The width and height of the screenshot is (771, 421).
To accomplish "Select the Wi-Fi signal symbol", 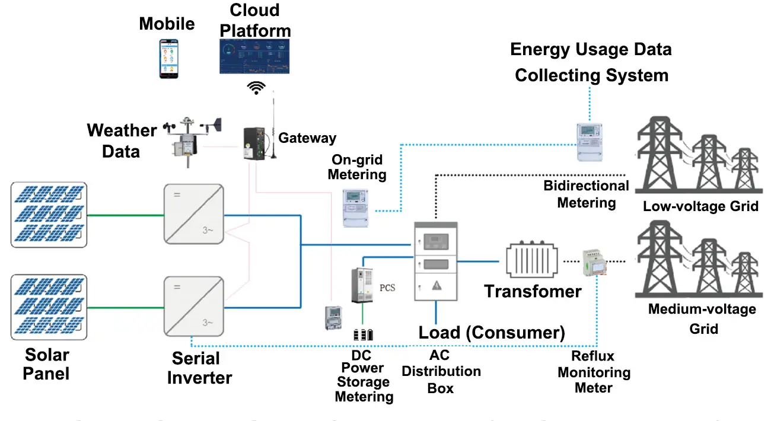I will pos(256,88).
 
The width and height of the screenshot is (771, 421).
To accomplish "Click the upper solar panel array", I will pos(49,214).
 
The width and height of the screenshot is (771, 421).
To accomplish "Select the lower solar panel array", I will pos(49,307).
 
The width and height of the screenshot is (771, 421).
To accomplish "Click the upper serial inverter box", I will pos(195,214).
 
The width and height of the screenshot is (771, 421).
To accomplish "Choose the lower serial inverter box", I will pos(195,307).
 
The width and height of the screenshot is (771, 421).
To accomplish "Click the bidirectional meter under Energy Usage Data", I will pos(590,142).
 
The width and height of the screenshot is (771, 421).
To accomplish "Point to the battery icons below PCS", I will pos(364,334).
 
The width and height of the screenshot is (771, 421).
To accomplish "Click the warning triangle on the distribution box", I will pos(437,285).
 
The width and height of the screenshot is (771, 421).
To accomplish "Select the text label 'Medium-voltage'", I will pos(702,309).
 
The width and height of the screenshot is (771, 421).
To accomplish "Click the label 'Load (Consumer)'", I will pos(492,332).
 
